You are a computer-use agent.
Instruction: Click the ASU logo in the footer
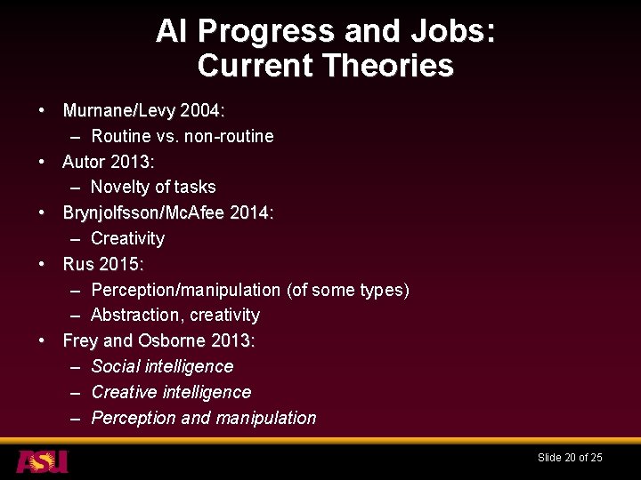click(x=42, y=460)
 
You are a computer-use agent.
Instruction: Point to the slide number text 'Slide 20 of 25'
click(x=570, y=458)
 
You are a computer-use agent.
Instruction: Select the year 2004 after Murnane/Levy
click(x=202, y=111)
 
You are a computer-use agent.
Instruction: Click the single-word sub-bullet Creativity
click(x=127, y=238)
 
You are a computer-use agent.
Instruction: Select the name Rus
click(x=77, y=264)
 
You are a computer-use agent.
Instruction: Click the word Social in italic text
click(x=117, y=366)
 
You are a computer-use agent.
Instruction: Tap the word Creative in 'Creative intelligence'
click(x=124, y=392)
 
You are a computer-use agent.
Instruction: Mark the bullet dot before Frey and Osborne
click(x=42, y=340)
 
